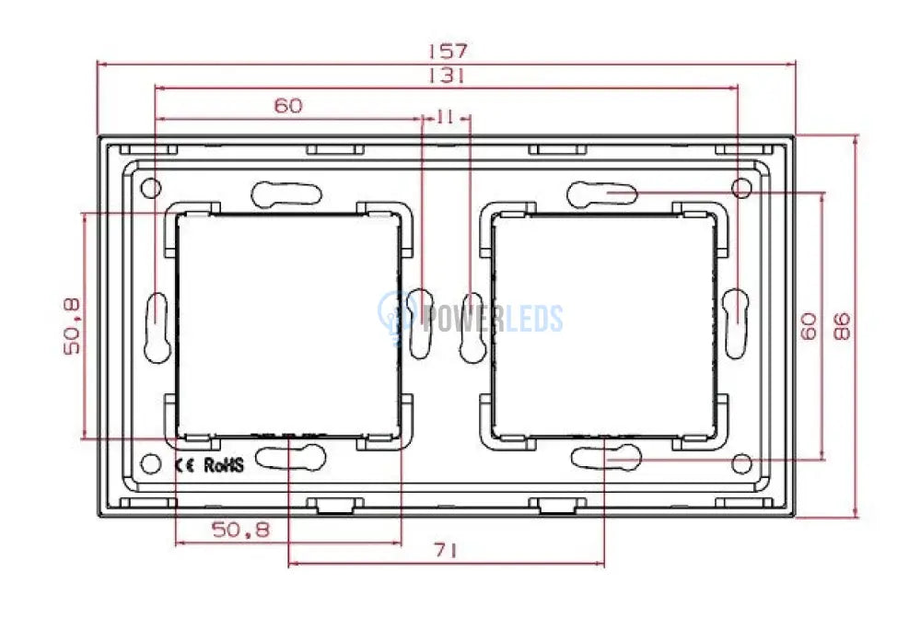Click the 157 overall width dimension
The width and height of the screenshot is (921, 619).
point(448,51)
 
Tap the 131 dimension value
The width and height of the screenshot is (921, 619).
point(448,76)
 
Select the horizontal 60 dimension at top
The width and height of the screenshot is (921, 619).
point(288,106)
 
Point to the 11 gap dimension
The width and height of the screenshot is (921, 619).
point(446,117)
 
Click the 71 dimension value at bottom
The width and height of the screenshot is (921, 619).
point(446,551)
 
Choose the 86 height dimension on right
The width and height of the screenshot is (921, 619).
point(843,326)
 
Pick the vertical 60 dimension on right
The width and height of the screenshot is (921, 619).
point(809,326)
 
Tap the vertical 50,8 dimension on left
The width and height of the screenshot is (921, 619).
point(72,326)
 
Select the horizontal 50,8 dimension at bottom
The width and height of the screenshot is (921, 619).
point(240,531)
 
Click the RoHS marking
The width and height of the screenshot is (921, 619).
point(223,465)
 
